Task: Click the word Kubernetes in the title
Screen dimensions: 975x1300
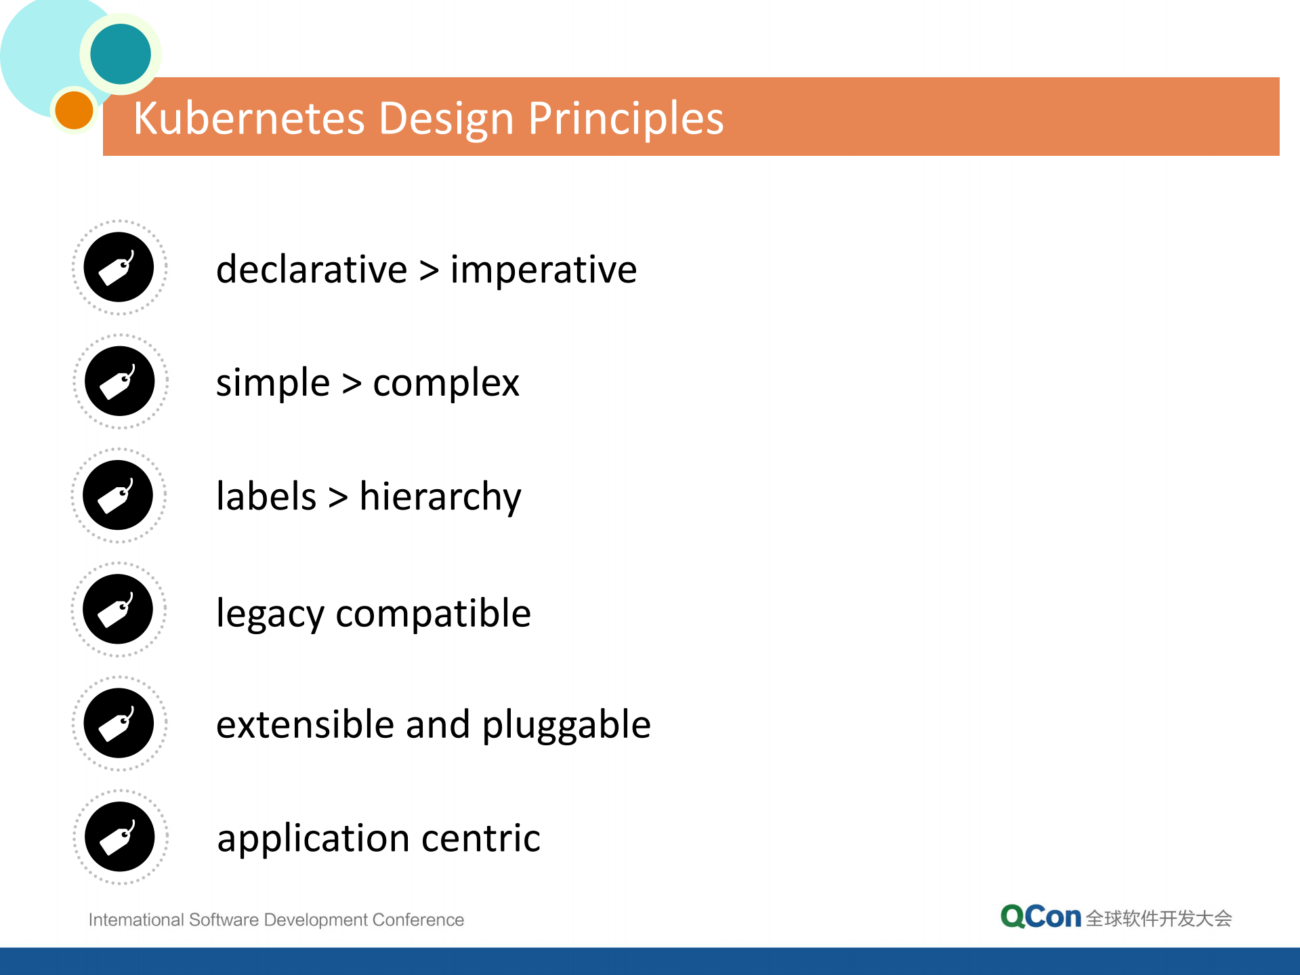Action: [x=249, y=118]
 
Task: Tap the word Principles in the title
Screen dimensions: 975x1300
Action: [x=625, y=118]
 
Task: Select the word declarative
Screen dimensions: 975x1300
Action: [x=312, y=269]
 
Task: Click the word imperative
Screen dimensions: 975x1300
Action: [x=543, y=269]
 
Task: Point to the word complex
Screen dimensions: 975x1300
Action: [x=446, y=383]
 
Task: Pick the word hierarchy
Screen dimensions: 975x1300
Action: [x=440, y=497]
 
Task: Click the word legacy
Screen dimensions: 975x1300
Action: [x=270, y=614]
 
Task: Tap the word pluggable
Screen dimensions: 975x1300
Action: [x=566, y=725]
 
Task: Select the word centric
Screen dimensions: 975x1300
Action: [x=481, y=838]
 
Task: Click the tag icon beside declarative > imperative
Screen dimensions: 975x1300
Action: [x=119, y=267]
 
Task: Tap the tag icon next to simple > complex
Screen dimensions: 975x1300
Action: [x=119, y=381]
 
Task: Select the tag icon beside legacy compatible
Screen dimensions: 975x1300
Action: [x=119, y=609]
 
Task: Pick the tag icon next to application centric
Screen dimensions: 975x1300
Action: [x=119, y=837]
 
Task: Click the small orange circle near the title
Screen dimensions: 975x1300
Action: [x=74, y=110]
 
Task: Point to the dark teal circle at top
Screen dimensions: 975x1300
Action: [x=121, y=54]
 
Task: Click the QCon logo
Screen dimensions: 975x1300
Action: [x=1040, y=917]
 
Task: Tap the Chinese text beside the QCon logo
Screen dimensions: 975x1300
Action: [x=1158, y=918]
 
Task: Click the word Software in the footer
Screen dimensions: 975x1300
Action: [x=224, y=919]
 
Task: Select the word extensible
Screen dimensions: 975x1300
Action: [x=305, y=724]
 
